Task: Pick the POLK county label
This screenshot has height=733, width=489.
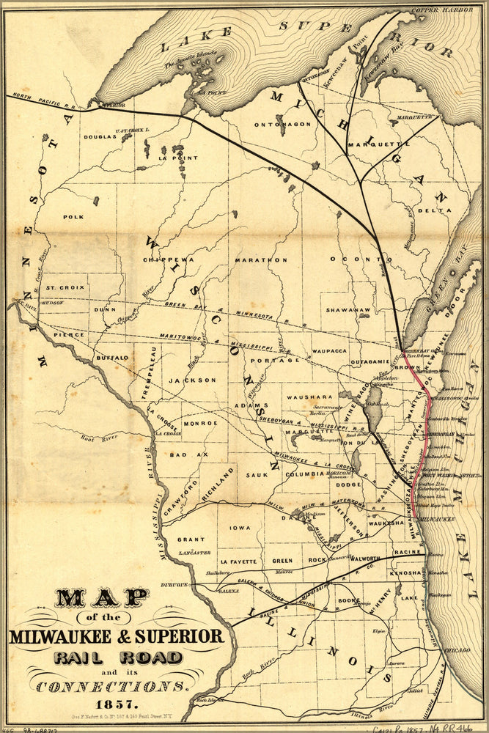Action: tap(73, 217)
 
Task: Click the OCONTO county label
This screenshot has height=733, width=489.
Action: tap(350, 259)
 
